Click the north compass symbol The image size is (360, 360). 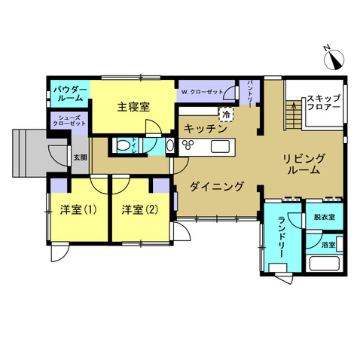pyautogui.click(x=334, y=59)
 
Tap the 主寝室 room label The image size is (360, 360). pyautogui.click(x=133, y=107)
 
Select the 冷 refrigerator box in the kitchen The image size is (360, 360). pyautogui.click(x=227, y=114)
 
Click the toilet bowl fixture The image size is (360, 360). pyautogui.click(x=123, y=145)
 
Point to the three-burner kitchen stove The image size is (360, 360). pyautogui.click(x=188, y=145)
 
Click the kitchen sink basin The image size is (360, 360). pyautogui.click(x=220, y=146)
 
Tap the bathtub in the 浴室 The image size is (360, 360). pyautogui.click(x=325, y=264)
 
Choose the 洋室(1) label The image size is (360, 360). pyautogui.click(x=78, y=209)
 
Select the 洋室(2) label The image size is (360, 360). pyautogui.click(x=140, y=209)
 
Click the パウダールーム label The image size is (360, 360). pyautogui.click(x=70, y=93)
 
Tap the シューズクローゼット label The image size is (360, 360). pyautogui.click(x=70, y=121)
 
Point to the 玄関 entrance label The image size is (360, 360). pyautogui.click(x=80, y=157)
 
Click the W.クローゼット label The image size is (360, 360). pyautogui.click(x=202, y=92)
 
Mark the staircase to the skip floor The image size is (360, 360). pyautogui.click(x=294, y=115)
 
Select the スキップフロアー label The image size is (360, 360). pyautogui.click(x=324, y=102)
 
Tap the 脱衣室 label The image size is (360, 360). pyautogui.click(x=325, y=217)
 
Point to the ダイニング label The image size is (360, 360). pyautogui.click(x=217, y=186)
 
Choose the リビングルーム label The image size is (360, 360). pyautogui.click(x=304, y=164)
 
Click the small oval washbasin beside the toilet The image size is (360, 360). pyautogui.click(x=170, y=145)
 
